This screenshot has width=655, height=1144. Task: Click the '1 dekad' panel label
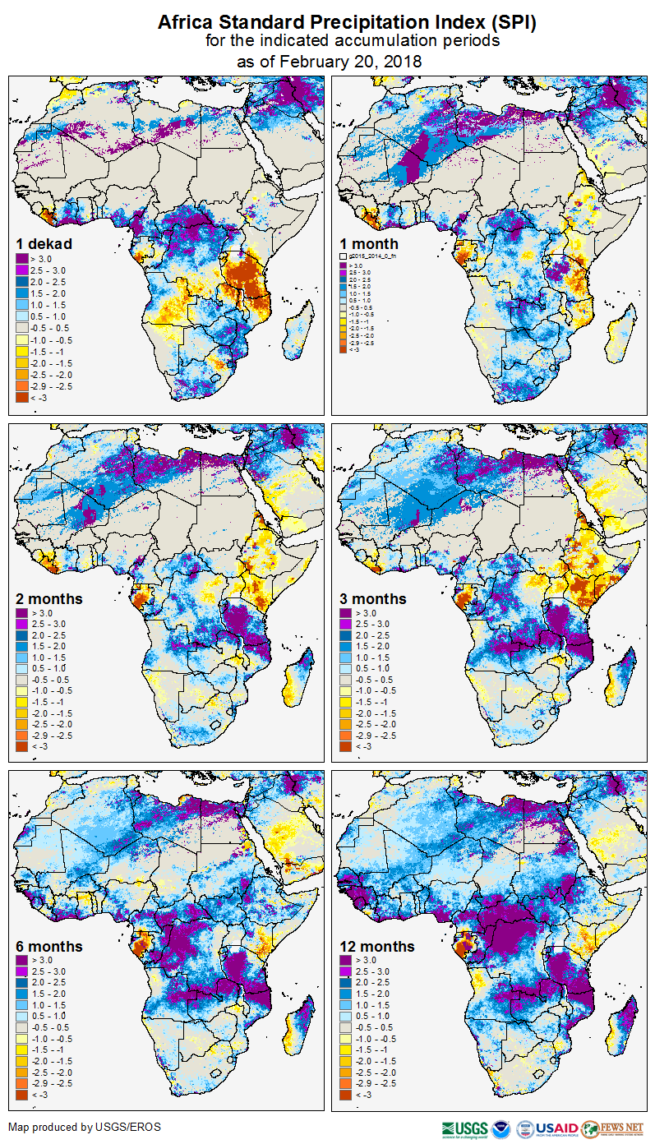(44, 244)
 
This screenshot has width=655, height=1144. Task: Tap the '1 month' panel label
(369, 244)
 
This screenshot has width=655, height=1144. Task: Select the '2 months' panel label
(49, 599)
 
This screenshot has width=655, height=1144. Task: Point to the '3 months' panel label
(373, 599)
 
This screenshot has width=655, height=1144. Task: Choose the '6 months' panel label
(49, 947)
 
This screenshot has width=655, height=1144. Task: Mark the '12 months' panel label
(377, 947)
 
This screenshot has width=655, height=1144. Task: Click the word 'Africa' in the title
(183, 23)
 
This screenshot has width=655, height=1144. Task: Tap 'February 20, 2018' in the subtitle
(351, 61)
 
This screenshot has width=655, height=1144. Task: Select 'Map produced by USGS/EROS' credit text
(85, 1127)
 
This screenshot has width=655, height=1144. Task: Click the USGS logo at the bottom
(464, 1128)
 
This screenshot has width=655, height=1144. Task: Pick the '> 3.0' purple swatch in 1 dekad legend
(21, 260)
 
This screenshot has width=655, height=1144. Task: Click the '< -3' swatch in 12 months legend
(346, 1095)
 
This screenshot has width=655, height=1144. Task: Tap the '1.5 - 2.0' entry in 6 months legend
(46, 994)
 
